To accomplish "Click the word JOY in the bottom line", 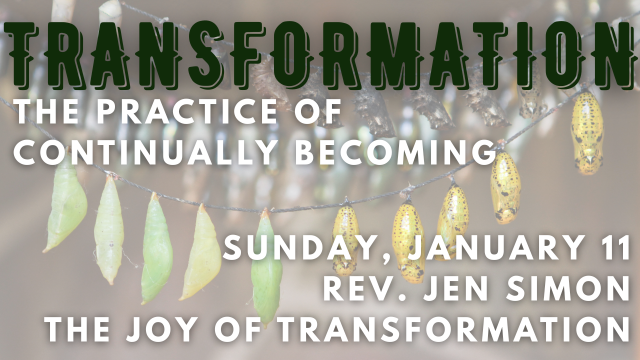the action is point(165,329).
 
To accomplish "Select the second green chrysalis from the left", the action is point(109,230).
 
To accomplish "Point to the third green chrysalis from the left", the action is point(156,248).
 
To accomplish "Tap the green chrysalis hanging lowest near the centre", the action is point(266,268).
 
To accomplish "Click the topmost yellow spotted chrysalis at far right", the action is point(587,133).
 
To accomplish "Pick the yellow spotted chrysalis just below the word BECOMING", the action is point(505,187).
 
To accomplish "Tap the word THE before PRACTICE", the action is point(49,111).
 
